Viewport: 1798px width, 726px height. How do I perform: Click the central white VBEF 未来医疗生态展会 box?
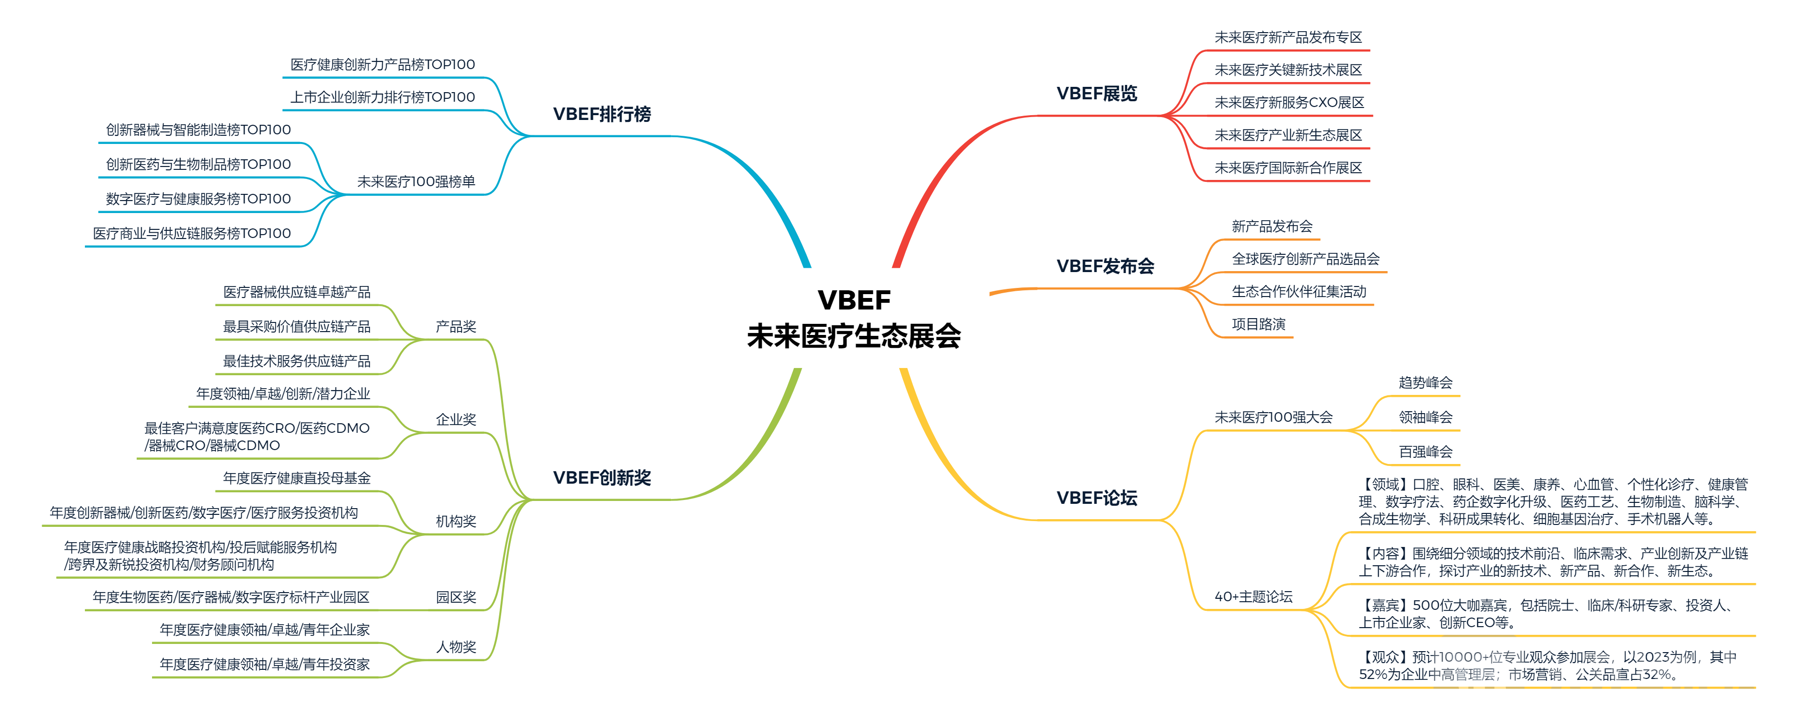pyautogui.click(x=854, y=318)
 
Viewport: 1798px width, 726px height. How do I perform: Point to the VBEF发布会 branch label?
pyautogui.click(x=1105, y=266)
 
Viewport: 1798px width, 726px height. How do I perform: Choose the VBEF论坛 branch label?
pyautogui.click(x=1096, y=498)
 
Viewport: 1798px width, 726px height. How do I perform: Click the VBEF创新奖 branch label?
pyautogui.click(x=602, y=477)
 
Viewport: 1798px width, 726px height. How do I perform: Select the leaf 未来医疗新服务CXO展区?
pyautogui.click(x=1289, y=103)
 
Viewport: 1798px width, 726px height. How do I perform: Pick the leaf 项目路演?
pyautogui.click(x=1258, y=324)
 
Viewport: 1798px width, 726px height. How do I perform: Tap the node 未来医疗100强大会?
pyautogui.click(x=1273, y=417)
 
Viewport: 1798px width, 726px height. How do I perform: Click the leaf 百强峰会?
pyautogui.click(x=1425, y=452)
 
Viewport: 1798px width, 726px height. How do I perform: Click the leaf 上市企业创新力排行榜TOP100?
pyautogui.click(x=383, y=97)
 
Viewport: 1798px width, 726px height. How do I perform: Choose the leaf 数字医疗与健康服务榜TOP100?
pyautogui.click(x=198, y=199)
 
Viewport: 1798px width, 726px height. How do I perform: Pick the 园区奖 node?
pyautogui.click(x=456, y=597)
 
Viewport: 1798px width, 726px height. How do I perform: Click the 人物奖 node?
pyautogui.click(x=456, y=647)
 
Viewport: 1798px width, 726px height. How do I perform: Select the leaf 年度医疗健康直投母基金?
pyautogui.click(x=297, y=478)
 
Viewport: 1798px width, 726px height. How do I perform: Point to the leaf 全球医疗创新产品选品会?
pyautogui.click(x=1305, y=259)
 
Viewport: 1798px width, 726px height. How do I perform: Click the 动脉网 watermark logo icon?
pyautogui.click(x=1478, y=676)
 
